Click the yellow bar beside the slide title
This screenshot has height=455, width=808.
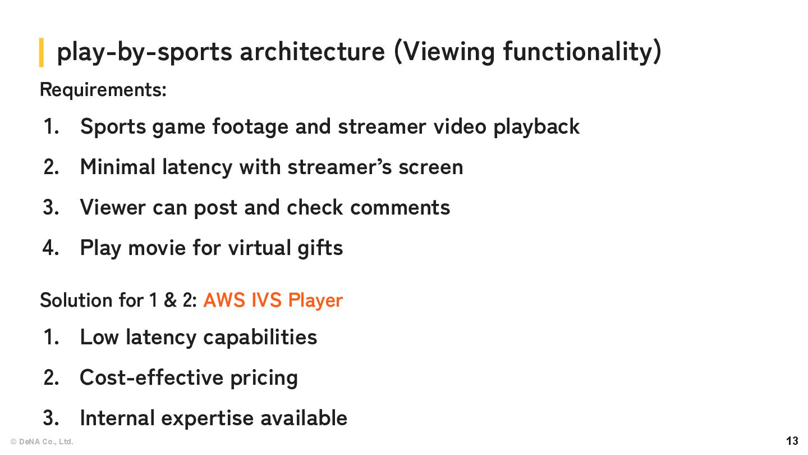pyautogui.click(x=42, y=52)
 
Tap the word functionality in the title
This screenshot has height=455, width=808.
pyautogui.click(x=582, y=52)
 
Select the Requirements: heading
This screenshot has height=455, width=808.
pyautogui.click(x=103, y=90)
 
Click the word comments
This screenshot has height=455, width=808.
pyautogui.click(x=400, y=208)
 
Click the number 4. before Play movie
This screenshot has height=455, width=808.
pyautogui.click(x=51, y=248)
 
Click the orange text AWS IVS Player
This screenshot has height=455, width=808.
pyautogui.click(x=273, y=301)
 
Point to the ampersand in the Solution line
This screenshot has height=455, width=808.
pyautogui.click(x=170, y=301)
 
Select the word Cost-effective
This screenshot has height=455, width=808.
pyautogui.click(x=150, y=377)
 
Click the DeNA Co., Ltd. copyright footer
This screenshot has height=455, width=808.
pyautogui.click(x=42, y=442)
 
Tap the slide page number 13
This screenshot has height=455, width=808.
pyautogui.click(x=792, y=441)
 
